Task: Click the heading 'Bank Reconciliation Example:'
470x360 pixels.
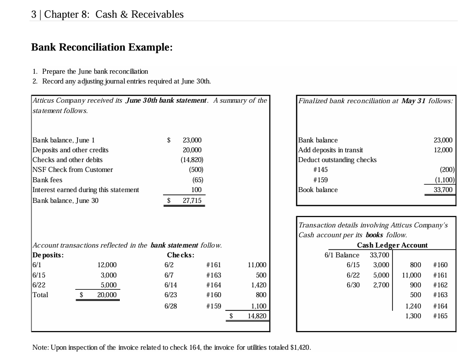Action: tap(102, 47)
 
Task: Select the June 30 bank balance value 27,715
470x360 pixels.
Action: tap(192, 200)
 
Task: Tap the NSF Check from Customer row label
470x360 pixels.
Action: tap(72, 169)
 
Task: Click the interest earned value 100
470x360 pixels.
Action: tap(196, 190)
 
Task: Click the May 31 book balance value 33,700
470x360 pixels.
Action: tap(443, 190)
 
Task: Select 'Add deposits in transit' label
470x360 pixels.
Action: tap(331, 150)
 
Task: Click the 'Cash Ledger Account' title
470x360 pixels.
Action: tap(392, 245)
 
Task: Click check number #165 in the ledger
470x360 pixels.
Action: tap(440, 315)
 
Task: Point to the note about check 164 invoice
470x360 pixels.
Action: tap(171, 347)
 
